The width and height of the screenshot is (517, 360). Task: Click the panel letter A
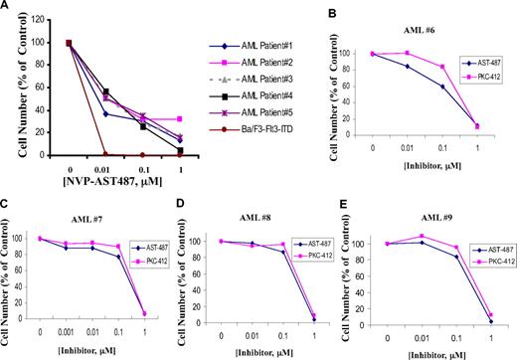click(7, 7)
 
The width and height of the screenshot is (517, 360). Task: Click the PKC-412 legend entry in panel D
click(317, 256)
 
